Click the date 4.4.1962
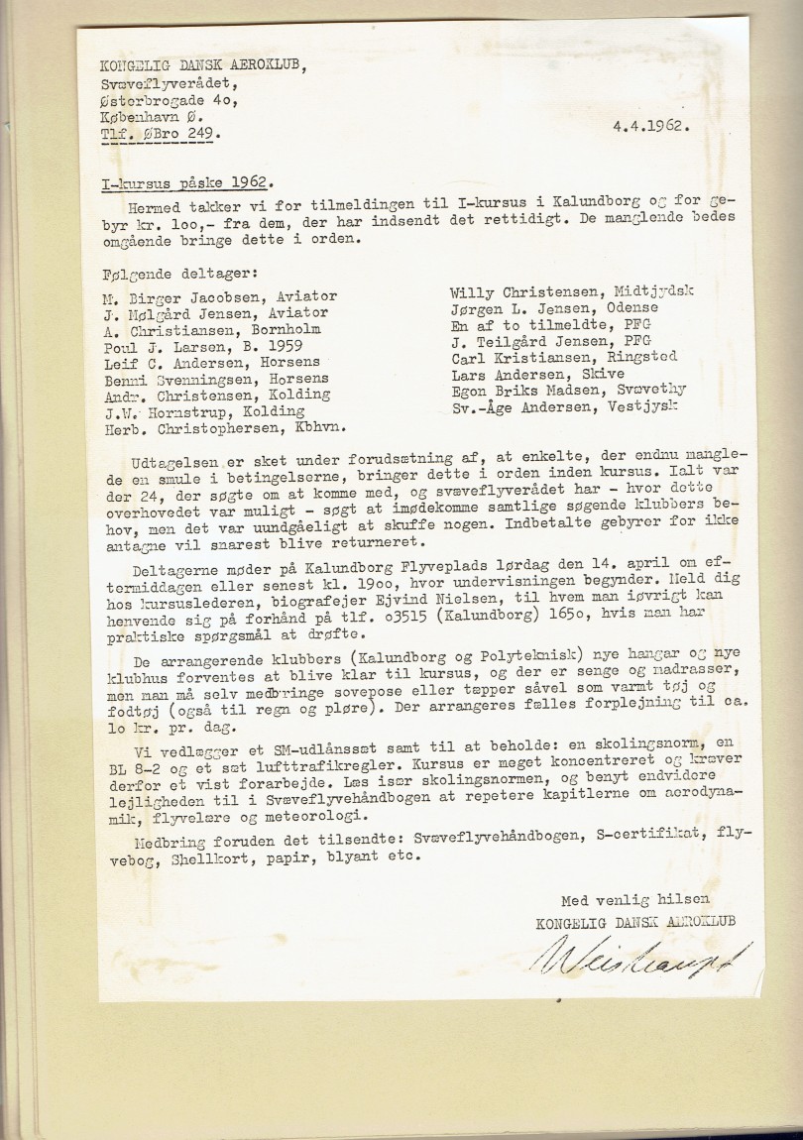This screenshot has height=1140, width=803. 650,126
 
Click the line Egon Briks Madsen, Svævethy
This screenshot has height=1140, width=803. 568,389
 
